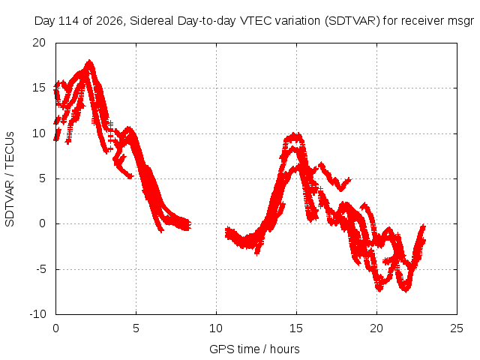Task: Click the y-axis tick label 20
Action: point(39,43)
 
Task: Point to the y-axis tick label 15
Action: point(39,88)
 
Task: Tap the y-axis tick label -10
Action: point(37,314)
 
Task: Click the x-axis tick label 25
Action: point(457,328)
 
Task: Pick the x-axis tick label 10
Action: point(216,328)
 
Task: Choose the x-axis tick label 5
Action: point(136,328)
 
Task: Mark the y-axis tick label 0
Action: point(43,223)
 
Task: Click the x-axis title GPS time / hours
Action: point(254,349)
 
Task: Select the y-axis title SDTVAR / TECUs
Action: point(10,179)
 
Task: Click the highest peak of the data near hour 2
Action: point(89,61)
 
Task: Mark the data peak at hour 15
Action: point(295,135)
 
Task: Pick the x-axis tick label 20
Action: point(376,328)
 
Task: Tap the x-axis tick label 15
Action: point(296,328)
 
